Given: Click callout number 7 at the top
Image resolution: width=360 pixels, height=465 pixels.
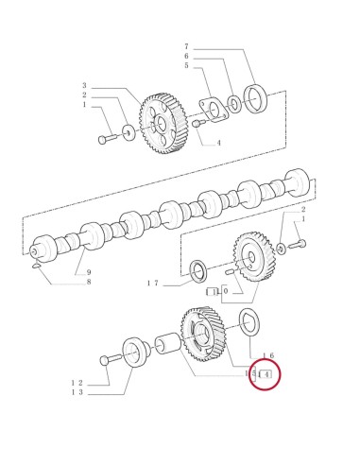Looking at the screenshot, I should [x=187, y=45].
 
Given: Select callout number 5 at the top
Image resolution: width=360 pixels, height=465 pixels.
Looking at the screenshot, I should [x=187, y=65].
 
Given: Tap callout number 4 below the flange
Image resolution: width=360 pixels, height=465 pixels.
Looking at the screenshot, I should [x=218, y=143].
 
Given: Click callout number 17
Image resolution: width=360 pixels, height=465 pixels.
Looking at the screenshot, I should [x=151, y=283].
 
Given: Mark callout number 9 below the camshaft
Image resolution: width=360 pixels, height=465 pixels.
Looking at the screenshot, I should [x=89, y=272].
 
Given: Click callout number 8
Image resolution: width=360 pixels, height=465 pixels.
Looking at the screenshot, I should [x=89, y=282].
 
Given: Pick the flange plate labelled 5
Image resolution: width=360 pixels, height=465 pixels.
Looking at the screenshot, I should [x=212, y=106].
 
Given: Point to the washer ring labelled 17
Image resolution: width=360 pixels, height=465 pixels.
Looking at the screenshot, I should [x=199, y=269].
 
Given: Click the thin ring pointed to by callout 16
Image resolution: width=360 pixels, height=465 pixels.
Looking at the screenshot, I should [x=249, y=320].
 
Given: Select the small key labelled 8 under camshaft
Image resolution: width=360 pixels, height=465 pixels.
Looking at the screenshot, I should [x=35, y=266].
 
